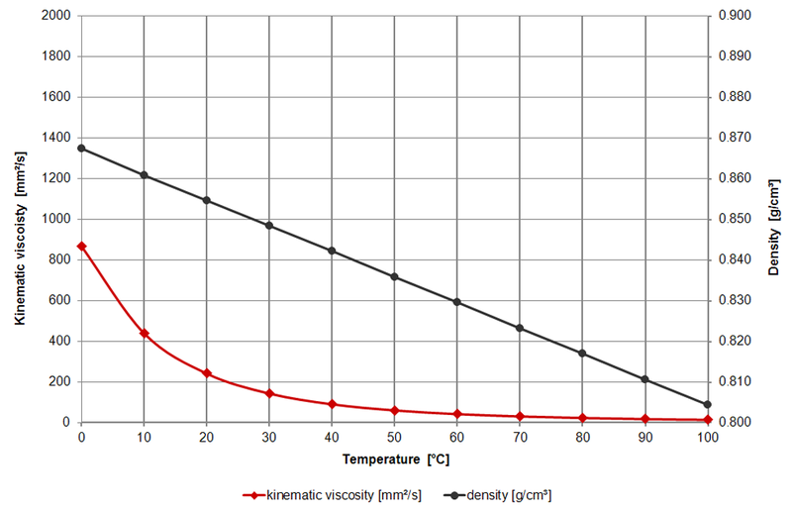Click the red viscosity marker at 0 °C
(81, 246)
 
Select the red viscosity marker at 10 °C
(145, 334)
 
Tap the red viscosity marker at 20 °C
(207, 373)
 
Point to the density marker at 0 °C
(81, 149)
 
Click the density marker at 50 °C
(394, 276)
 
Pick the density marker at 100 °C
(707, 404)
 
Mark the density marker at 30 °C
(269, 226)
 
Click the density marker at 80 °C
(582, 354)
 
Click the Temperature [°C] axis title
(397, 460)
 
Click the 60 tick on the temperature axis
(457, 437)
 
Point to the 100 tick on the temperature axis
(706, 437)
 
